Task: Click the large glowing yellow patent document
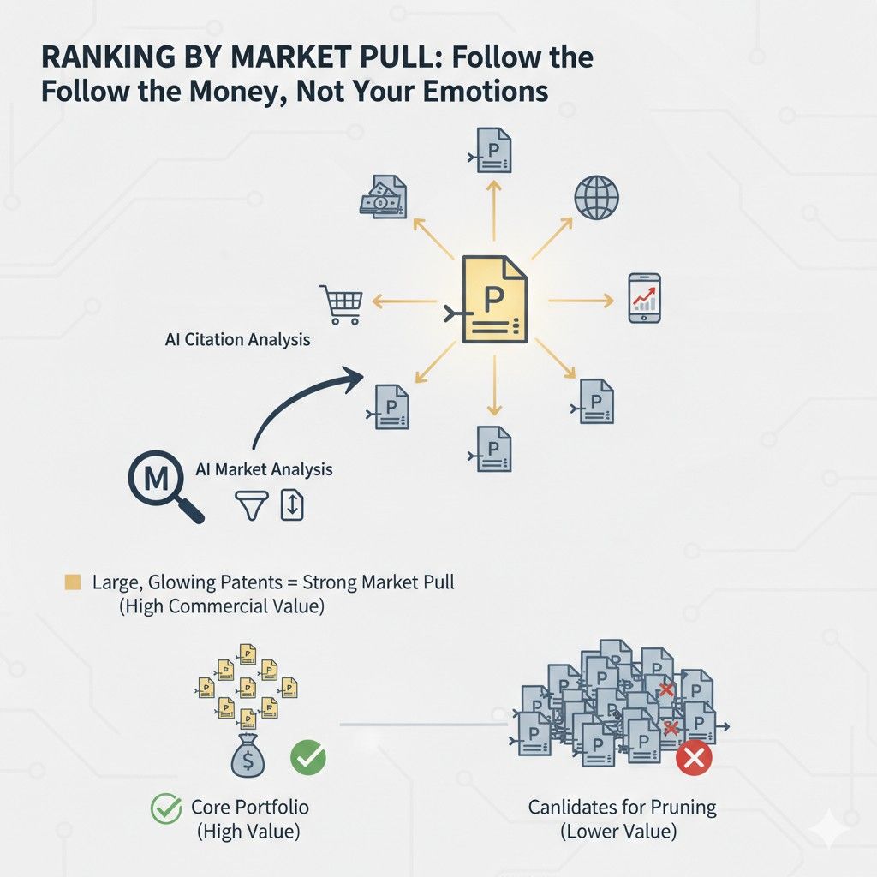pyautogui.click(x=494, y=299)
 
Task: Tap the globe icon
pyautogui.click(x=596, y=198)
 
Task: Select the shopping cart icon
pyautogui.click(x=342, y=304)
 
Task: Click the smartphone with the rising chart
pyautogui.click(x=644, y=298)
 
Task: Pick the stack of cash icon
pyautogui.click(x=383, y=196)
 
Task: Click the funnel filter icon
pyautogui.click(x=252, y=505)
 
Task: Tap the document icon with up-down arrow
pyautogui.click(x=292, y=504)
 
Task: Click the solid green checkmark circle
pyautogui.click(x=308, y=757)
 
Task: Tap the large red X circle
pyautogui.click(x=694, y=759)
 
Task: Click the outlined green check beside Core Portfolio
pyautogui.click(x=166, y=808)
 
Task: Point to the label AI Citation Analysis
pyautogui.click(x=238, y=339)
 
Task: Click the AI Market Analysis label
pyautogui.click(x=264, y=469)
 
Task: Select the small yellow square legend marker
pyautogui.click(x=73, y=582)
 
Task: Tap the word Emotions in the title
pyautogui.click(x=486, y=91)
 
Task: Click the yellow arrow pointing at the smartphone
pyautogui.click(x=582, y=301)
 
